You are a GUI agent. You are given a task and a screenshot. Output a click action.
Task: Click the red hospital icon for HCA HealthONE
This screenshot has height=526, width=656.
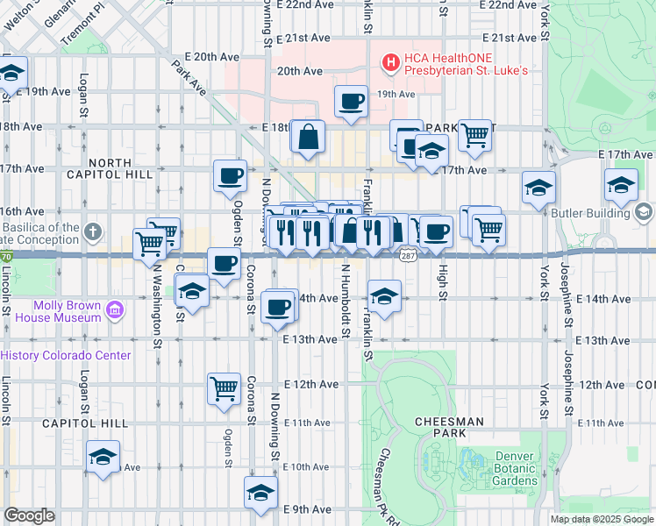[390, 61]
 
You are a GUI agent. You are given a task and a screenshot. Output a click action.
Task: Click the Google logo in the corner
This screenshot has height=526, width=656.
[28, 515]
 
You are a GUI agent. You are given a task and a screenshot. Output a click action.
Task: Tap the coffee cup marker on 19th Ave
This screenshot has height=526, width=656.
[351, 101]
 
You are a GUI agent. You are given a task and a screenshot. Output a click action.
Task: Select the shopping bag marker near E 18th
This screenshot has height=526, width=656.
[308, 137]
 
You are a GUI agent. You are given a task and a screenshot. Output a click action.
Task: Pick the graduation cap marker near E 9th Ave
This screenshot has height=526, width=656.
[260, 492]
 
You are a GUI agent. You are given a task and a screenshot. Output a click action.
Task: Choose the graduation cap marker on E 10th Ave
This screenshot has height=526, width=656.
[103, 457]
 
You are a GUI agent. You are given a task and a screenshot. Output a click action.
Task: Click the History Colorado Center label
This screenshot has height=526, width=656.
[66, 355]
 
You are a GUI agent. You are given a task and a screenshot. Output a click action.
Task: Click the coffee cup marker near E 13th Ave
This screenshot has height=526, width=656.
[279, 307]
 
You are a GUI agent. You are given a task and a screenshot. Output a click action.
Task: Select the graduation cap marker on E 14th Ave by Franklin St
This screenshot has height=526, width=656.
[384, 297]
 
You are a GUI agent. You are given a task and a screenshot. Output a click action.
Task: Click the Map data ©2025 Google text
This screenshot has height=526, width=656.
[602, 519]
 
